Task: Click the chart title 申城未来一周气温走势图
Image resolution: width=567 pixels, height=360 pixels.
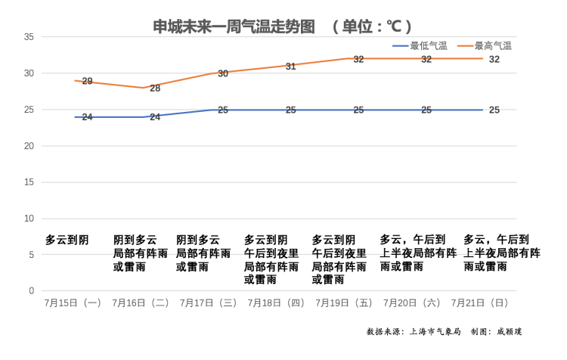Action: (234, 26)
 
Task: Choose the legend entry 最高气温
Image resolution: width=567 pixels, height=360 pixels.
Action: (493, 45)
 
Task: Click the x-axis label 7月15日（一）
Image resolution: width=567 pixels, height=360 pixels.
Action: (73, 303)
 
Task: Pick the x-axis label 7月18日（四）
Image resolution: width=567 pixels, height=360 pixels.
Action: (276, 303)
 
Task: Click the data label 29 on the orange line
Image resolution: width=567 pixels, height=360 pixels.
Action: (87, 81)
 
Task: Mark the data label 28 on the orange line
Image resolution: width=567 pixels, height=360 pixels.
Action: (155, 88)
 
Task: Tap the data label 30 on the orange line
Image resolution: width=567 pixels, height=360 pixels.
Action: (223, 73)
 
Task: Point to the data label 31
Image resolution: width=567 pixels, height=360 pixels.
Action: (291, 67)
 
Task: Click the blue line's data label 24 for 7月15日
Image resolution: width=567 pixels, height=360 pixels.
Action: (87, 117)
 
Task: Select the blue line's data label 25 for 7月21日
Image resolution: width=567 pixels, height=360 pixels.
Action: (494, 110)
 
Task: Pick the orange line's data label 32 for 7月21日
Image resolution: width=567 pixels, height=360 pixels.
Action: (494, 59)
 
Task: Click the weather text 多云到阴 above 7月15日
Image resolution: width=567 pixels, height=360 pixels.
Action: (67, 240)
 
